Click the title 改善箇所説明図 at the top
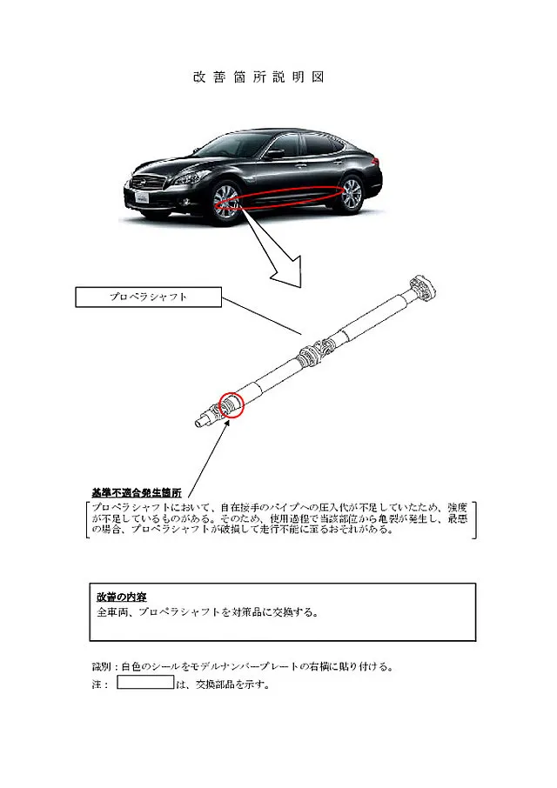(258, 77)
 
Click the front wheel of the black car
(226, 201)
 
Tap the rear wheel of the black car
(352, 195)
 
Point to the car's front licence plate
(142, 197)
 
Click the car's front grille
(148, 182)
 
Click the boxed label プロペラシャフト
(148, 297)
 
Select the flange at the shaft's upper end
(423, 289)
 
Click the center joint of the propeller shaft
(315, 353)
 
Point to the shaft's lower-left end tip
(198, 424)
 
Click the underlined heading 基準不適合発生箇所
(137, 492)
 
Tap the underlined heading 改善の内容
(122, 597)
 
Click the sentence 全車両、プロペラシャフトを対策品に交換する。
(208, 612)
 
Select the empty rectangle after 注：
(146, 682)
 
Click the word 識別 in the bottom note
(102, 667)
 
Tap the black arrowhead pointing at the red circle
(227, 423)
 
